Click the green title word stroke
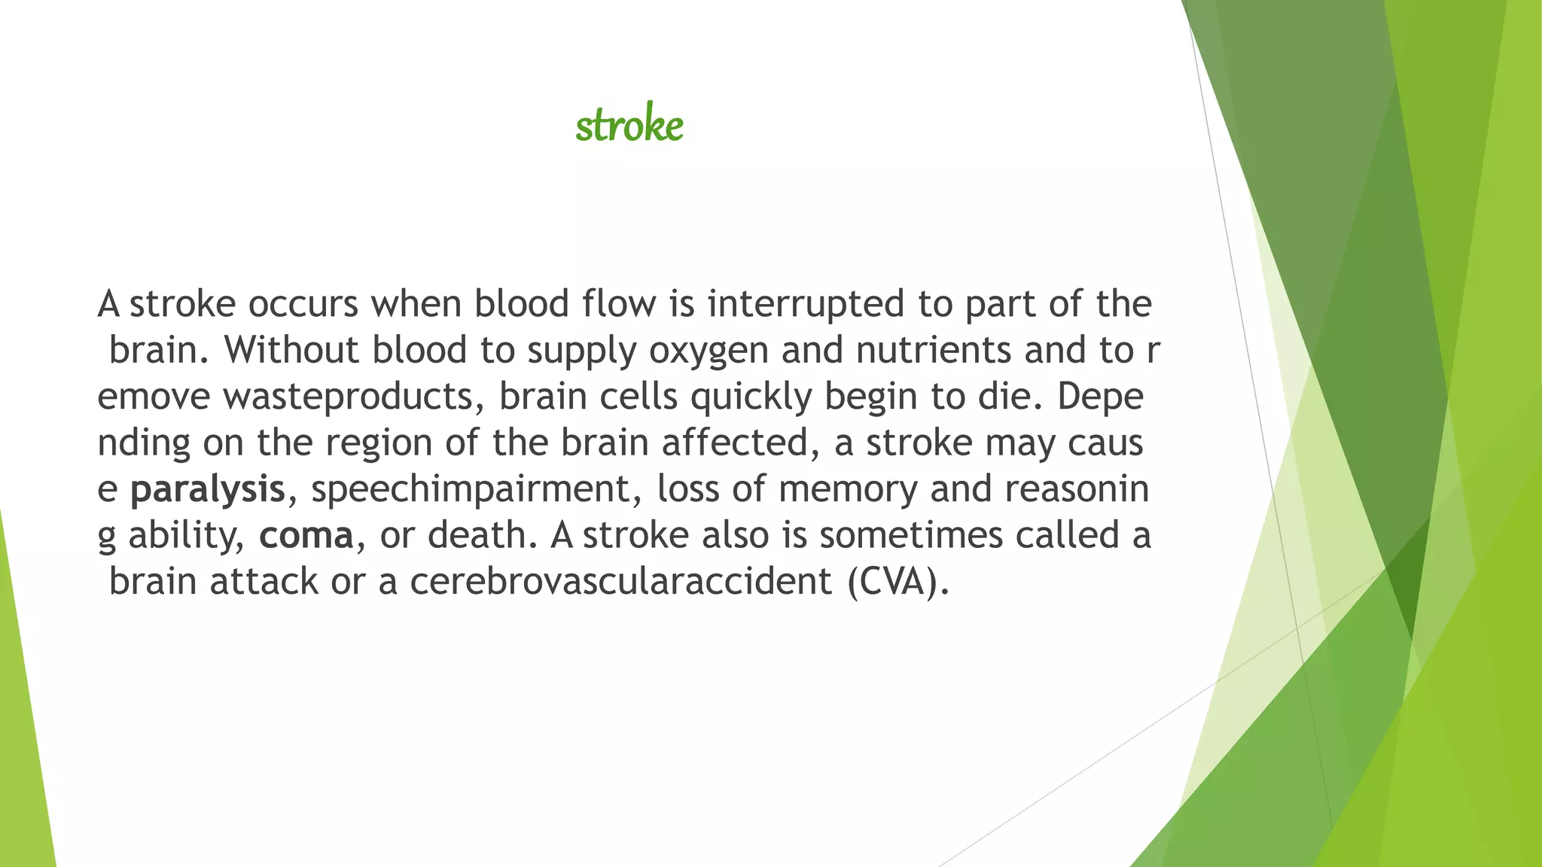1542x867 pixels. click(629, 125)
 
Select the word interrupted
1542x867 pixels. click(805, 304)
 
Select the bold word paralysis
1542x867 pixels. click(208, 489)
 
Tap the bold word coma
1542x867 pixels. click(306, 536)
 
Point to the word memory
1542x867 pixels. click(848, 489)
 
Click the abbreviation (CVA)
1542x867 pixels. click(897, 582)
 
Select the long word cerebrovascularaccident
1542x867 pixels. click(621, 582)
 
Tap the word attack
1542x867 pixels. click(264, 582)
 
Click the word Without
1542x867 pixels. click(291, 351)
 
